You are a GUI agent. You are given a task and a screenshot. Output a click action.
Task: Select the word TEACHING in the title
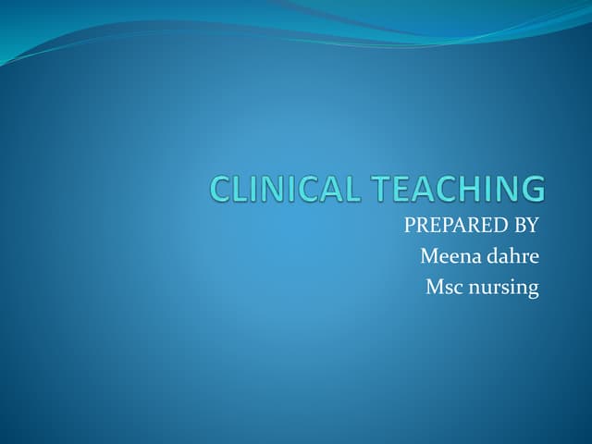(x=461, y=189)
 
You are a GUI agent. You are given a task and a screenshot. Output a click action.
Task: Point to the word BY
(x=524, y=225)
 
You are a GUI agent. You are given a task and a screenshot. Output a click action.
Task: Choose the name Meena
(x=448, y=256)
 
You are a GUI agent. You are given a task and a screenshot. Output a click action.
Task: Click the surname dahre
(x=511, y=256)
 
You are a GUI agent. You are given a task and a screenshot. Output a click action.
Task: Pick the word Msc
(x=442, y=288)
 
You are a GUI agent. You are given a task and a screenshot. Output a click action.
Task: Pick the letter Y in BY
(x=531, y=225)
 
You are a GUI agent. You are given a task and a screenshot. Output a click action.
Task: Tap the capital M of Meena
(x=428, y=256)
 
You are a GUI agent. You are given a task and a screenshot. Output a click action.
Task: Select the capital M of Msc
(x=434, y=288)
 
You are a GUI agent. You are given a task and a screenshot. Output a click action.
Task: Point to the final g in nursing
(x=532, y=291)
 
